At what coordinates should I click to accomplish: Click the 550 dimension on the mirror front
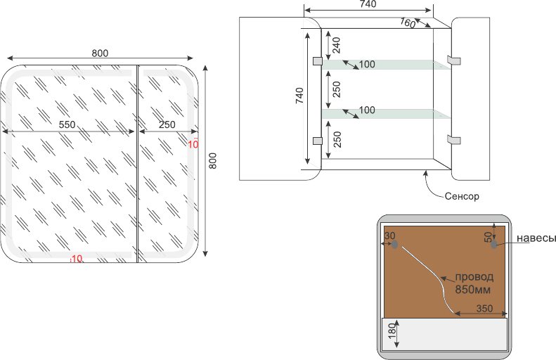pos(67,124)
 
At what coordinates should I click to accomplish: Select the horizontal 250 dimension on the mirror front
pos(167,124)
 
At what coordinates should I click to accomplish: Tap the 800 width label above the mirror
pos(100,53)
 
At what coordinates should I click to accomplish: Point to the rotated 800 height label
pos(213,161)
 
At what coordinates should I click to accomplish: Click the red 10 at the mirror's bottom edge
pos(77,259)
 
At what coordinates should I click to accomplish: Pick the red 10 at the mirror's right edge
pos(194,144)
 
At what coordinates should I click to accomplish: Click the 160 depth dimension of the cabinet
pos(408,22)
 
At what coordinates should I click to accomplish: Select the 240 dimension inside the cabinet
pos(336,45)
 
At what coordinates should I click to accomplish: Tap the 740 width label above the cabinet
pos(367,4)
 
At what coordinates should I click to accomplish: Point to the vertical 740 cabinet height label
pos(299,96)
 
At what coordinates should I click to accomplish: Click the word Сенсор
pos(462,196)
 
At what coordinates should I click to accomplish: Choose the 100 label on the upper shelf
pos(366,65)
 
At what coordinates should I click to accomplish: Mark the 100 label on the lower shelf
pos(366,110)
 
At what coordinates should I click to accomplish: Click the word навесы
pos(536,238)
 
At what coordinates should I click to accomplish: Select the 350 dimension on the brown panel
pos(484,308)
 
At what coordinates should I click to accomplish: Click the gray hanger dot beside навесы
pos(495,245)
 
